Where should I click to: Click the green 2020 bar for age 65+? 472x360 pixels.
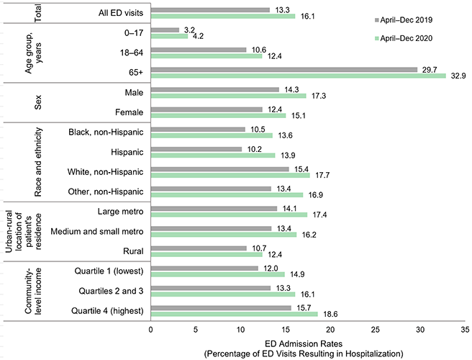299,76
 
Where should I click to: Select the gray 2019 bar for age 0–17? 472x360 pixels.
165,30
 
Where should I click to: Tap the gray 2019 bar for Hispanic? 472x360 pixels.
196,149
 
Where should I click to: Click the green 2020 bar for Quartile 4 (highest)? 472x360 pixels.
235,314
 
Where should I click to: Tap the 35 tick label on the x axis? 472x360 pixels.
466,329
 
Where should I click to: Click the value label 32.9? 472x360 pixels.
458,76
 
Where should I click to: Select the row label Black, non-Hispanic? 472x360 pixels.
106,132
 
